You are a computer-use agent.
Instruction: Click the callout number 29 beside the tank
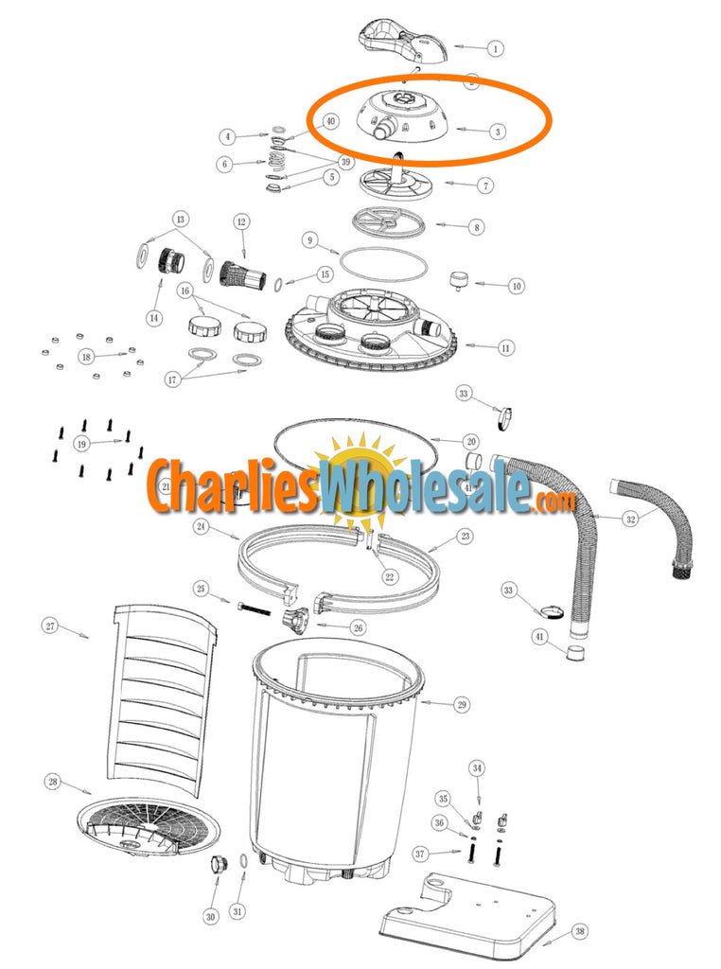(x=462, y=704)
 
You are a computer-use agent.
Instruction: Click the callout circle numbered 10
(x=516, y=285)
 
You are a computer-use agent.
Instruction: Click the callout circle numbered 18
(x=87, y=357)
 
